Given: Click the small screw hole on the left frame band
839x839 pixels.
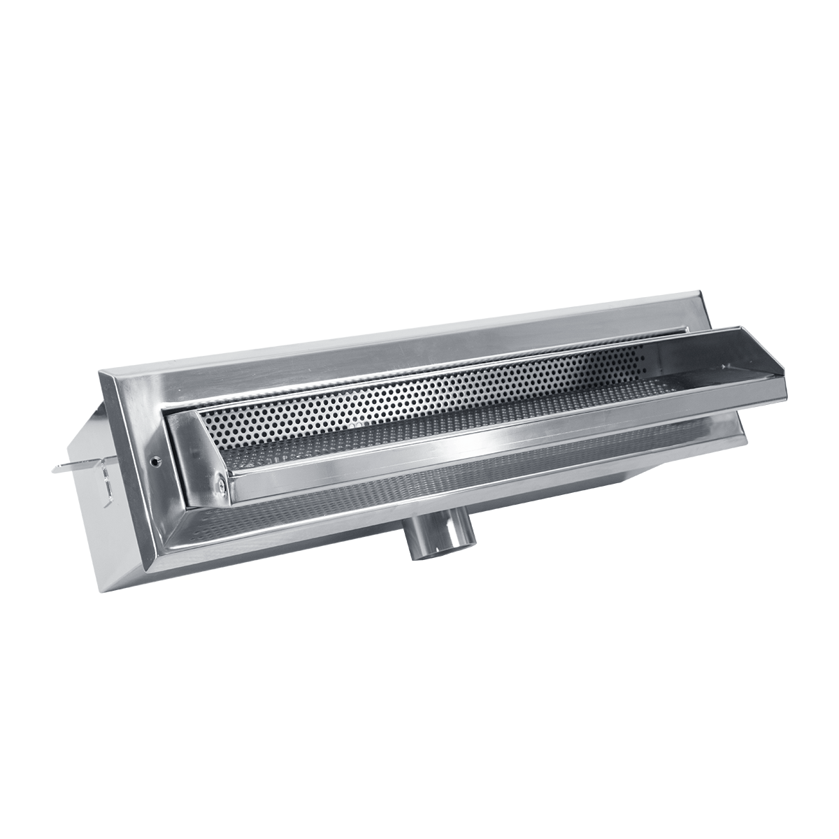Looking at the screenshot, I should pyautogui.click(x=155, y=461).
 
